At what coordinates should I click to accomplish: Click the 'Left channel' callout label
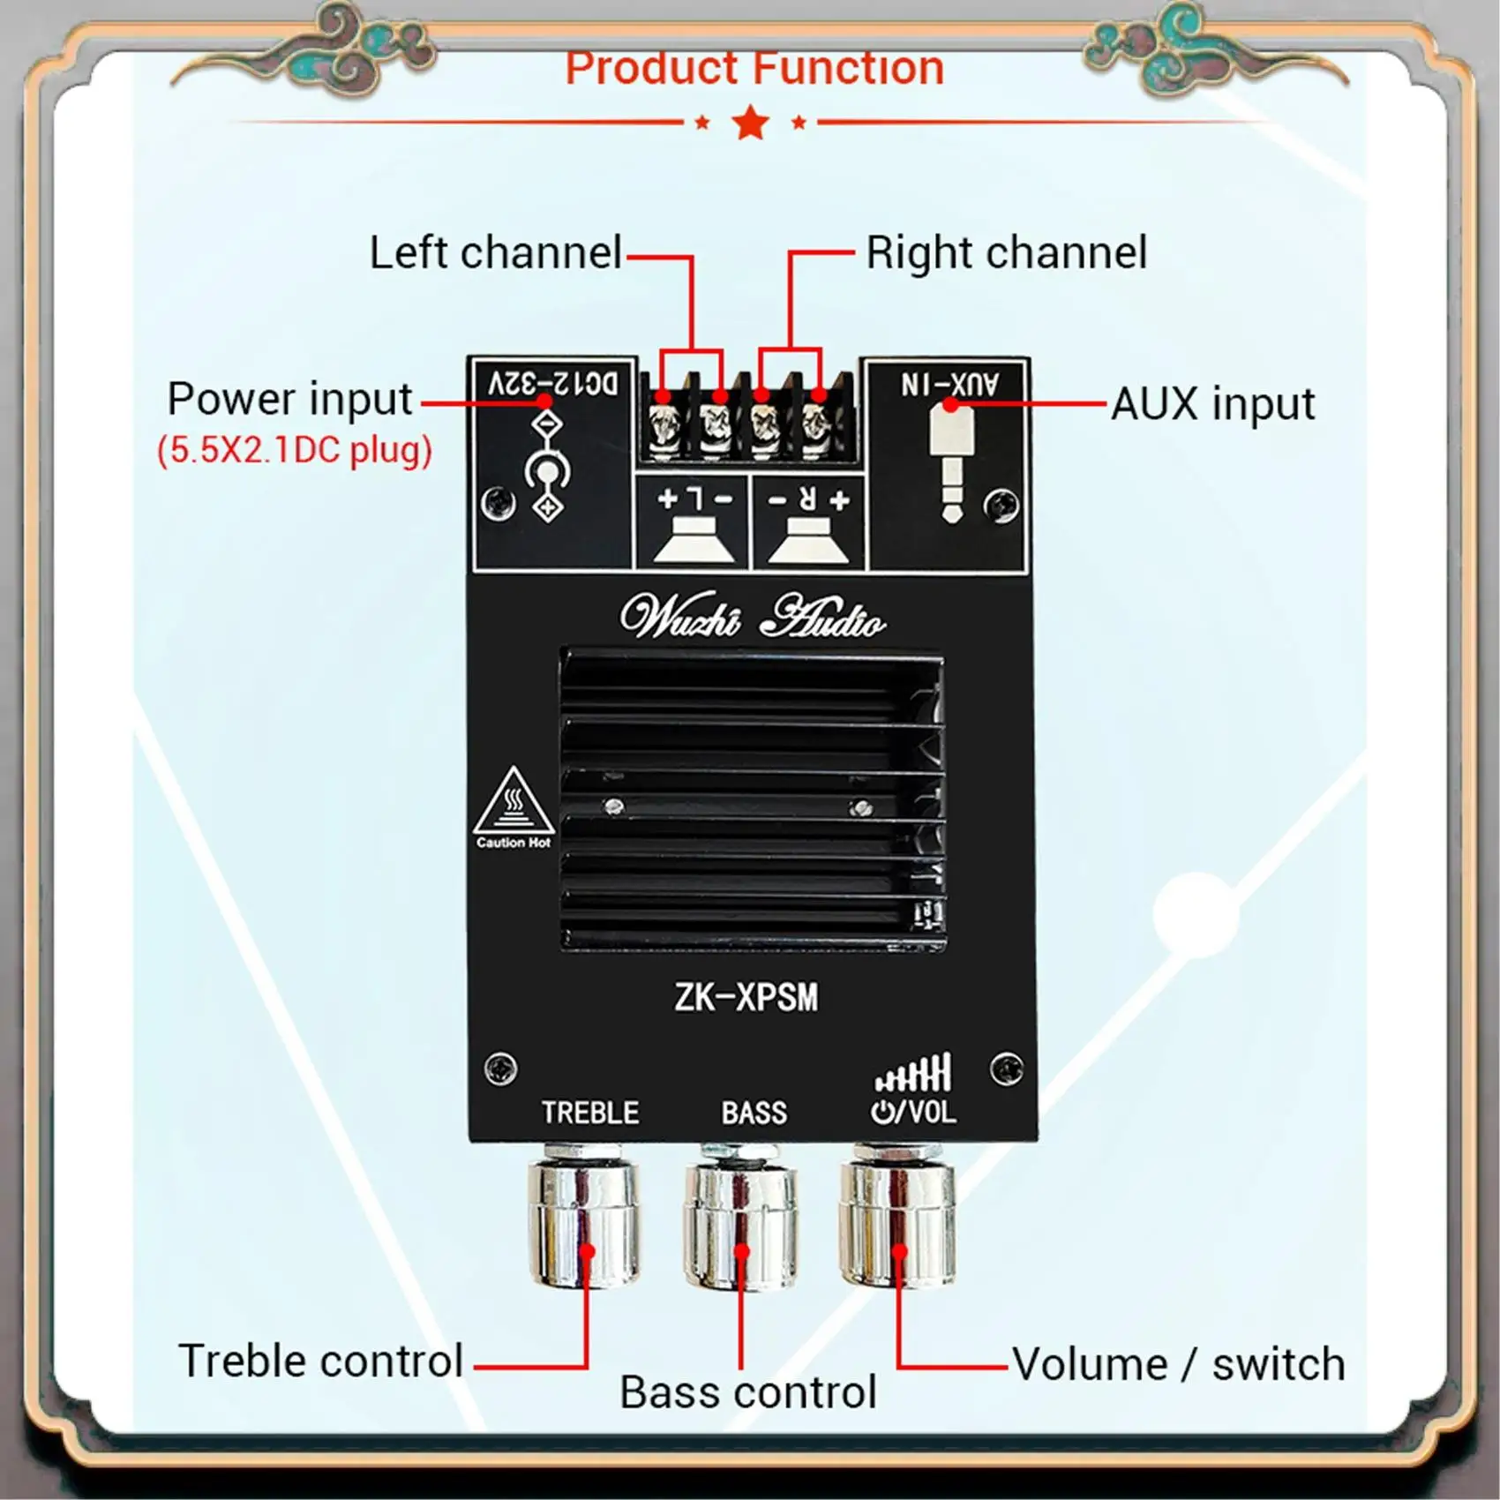(x=495, y=253)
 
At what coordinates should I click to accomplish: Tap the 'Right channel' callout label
(x=1006, y=253)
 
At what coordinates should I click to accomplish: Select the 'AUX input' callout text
(x=1212, y=405)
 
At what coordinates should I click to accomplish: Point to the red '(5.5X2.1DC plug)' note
(x=295, y=451)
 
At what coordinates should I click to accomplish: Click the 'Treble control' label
(x=321, y=1361)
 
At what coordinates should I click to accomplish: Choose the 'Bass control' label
(x=748, y=1392)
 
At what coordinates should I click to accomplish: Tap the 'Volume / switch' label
(x=1178, y=1364)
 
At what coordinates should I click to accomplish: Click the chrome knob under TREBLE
(x=584, y=1222)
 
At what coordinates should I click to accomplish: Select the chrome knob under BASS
(x=740, y=1222)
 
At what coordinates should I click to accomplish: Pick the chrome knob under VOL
(x=897, y=1222)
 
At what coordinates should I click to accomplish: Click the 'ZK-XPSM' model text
(x=746, y=998)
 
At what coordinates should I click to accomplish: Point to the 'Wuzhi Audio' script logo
(x=753, y=617)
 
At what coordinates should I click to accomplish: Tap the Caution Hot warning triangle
(x=514, y=803)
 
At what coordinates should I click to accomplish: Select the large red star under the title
(x=751, y=123)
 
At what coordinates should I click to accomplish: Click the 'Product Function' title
(x=754, y=69)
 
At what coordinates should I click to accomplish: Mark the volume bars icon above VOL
(x=913, y=1074)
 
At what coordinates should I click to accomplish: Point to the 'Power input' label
(x=289, y=400)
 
